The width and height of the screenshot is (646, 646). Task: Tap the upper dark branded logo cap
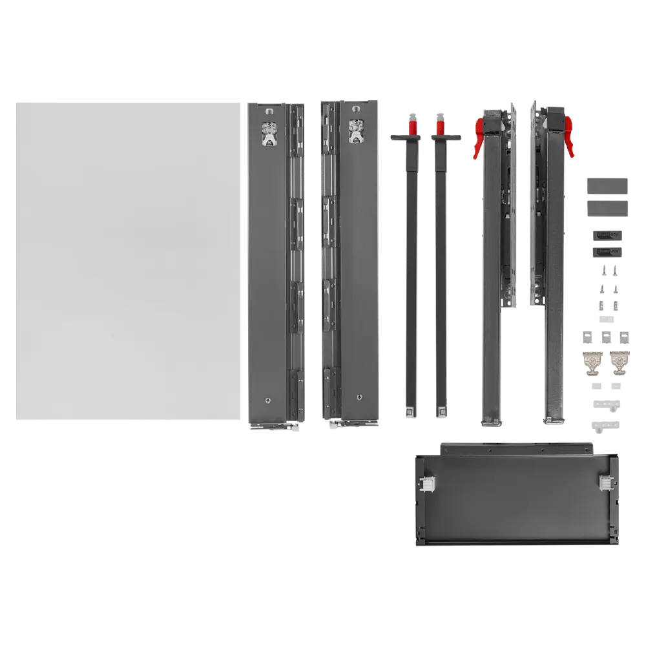pos(607,233)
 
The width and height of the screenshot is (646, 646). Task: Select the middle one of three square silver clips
pos(606,337)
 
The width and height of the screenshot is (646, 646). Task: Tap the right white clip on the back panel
pos(605,482)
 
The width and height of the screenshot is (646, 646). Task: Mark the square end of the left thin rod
pos(410,410)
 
